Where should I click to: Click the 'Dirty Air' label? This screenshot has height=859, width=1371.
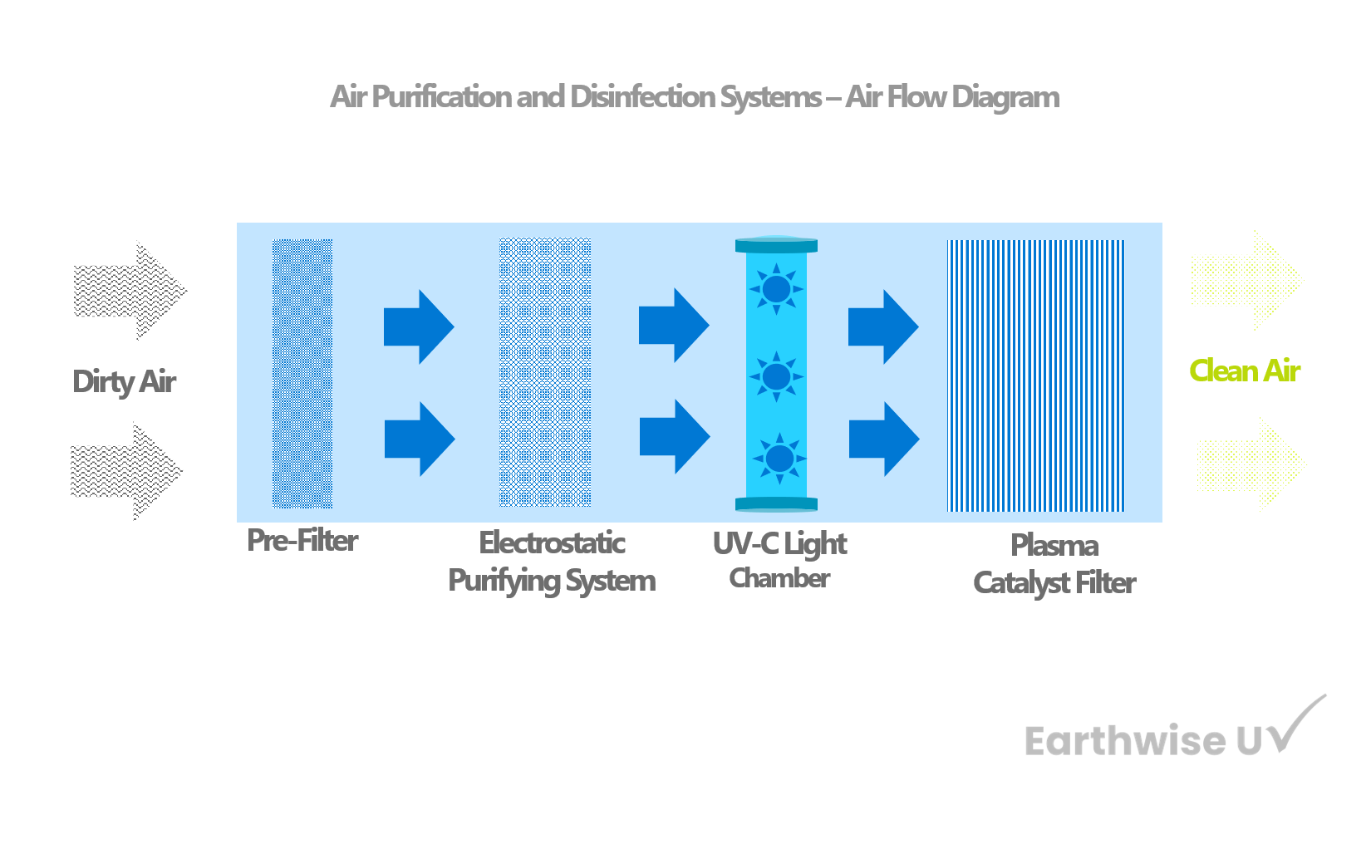125,382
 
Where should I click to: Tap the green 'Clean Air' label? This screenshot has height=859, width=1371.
1244,371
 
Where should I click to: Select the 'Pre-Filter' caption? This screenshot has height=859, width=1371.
302,542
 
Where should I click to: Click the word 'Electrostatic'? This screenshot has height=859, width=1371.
553,543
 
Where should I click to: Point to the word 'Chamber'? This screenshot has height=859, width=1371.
779,579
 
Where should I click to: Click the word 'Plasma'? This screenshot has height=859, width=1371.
1054,547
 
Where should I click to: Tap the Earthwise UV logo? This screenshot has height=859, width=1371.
1172,731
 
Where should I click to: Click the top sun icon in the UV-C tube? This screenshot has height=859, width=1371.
777,289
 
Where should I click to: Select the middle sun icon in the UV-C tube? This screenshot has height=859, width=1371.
777,376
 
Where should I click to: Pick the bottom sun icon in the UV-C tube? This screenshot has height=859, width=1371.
779,458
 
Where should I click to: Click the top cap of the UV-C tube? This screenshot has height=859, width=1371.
777,245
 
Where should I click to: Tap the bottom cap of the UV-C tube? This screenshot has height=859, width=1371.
777,504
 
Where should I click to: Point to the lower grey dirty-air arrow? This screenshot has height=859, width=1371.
127,471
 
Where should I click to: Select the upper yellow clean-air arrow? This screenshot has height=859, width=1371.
1246,280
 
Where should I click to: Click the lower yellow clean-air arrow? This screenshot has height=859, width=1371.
1251,461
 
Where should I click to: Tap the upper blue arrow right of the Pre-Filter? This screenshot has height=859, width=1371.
418,327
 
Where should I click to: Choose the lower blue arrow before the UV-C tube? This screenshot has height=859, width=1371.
674,437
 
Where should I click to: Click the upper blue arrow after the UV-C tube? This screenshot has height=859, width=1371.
882,327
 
